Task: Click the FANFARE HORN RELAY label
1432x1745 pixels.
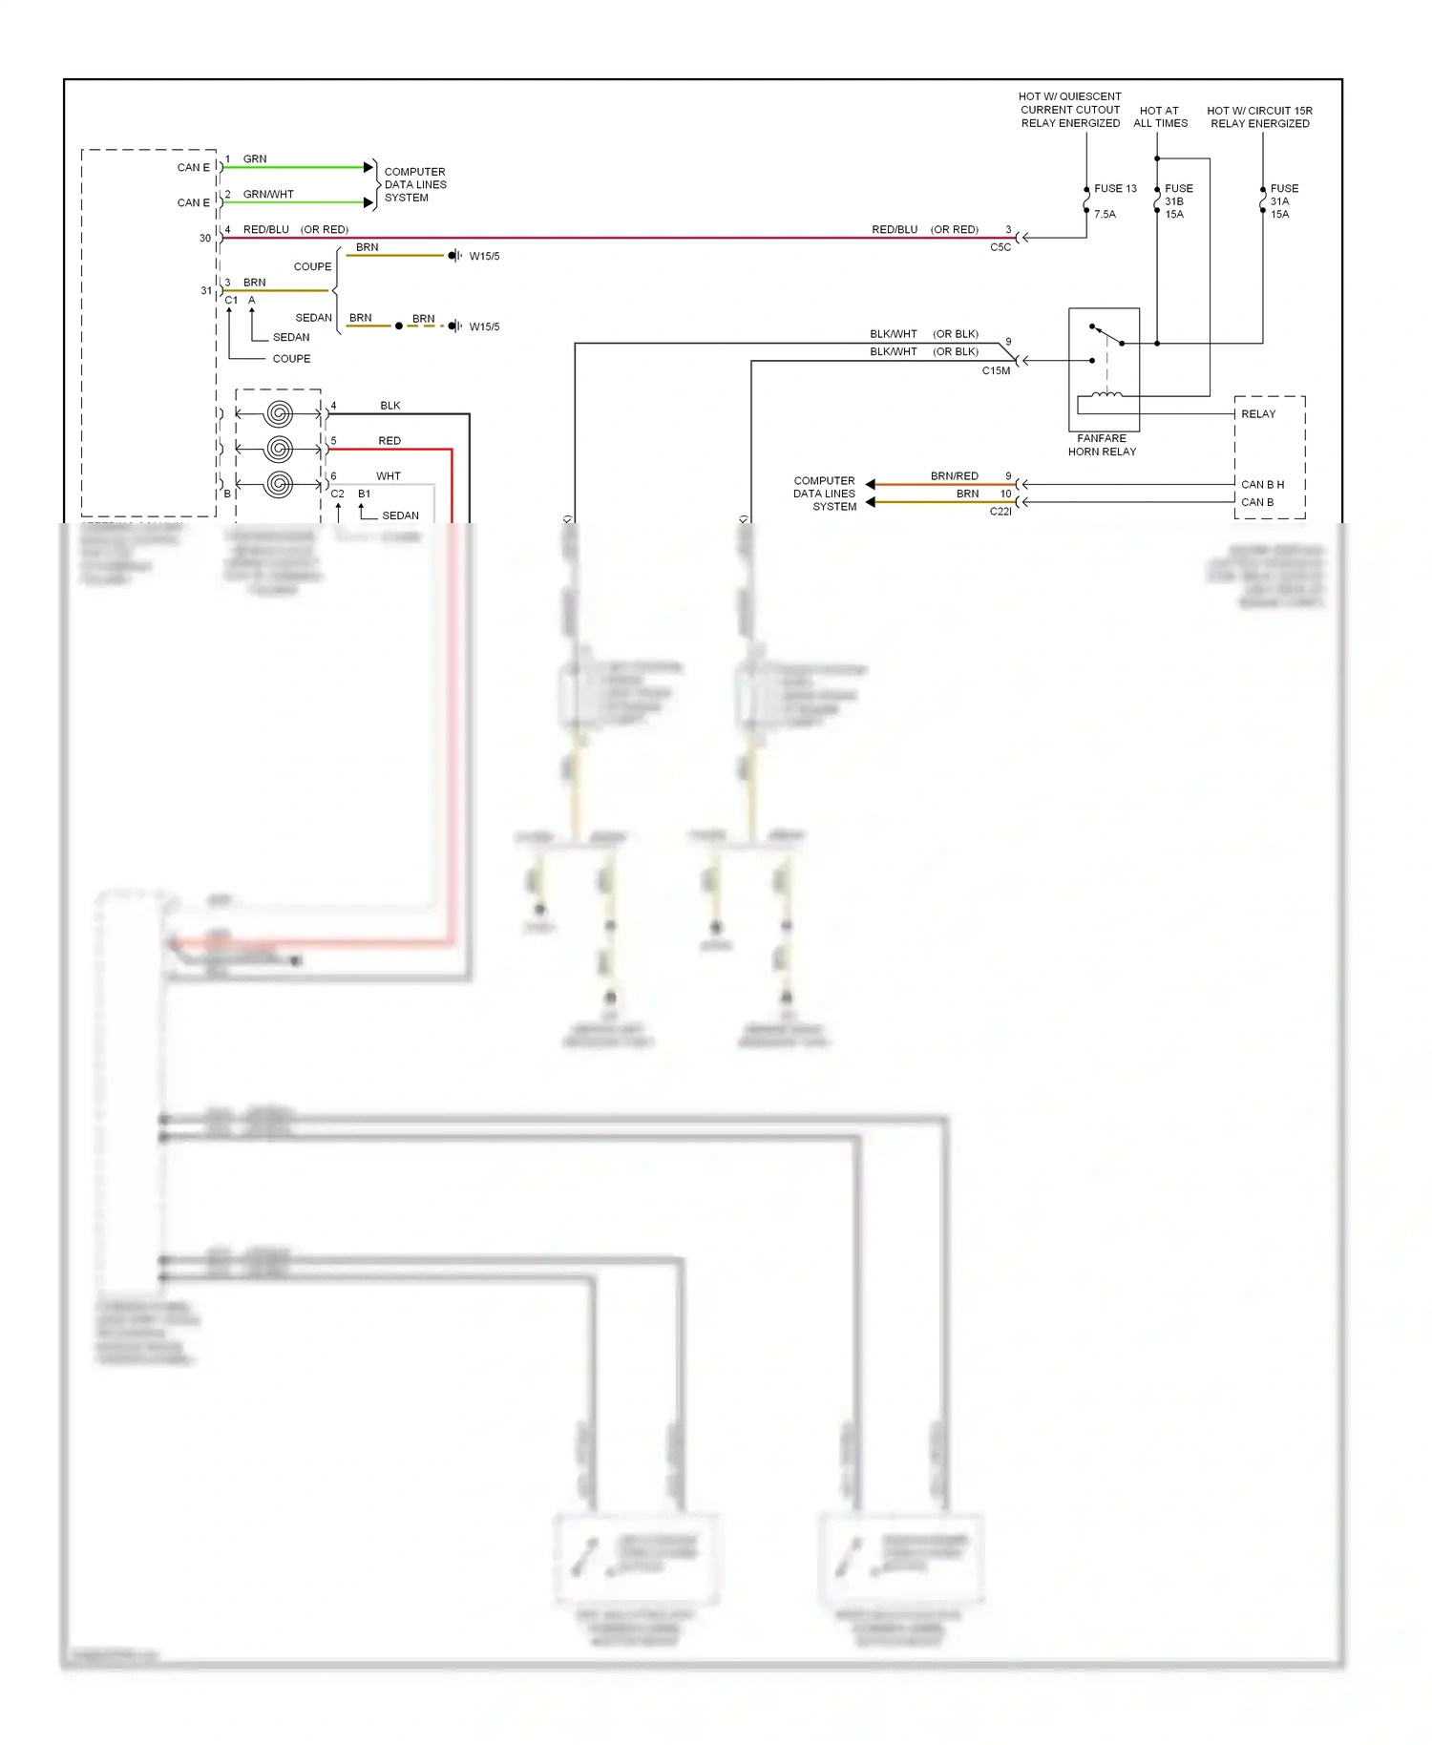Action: [1102, 445]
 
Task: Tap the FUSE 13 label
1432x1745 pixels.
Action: [1115, 189]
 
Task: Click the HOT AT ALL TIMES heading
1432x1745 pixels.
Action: [1160, 117]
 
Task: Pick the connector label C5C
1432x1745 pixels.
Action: [1000, 247]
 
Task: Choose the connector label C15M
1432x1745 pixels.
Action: [996, 371]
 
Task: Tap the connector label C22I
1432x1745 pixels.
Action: [1000, 512]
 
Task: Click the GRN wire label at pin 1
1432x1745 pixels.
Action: [255, 159]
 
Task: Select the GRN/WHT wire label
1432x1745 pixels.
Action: [268, 195]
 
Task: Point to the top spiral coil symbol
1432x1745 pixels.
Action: [279, 413]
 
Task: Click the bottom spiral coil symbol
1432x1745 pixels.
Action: [279, 484]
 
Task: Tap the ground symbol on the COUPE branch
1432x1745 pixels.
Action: [454, 256]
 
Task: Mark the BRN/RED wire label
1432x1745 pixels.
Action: [954, 476]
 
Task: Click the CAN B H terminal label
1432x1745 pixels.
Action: [1262, 485]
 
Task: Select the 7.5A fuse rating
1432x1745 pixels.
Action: [1105, 215]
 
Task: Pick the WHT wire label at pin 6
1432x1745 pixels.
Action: [388, 476]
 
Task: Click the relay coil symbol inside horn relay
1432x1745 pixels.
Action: [1106, 393]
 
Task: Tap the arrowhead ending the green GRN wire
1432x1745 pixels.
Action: [369, 168]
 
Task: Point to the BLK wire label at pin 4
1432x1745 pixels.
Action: [390, 406]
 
